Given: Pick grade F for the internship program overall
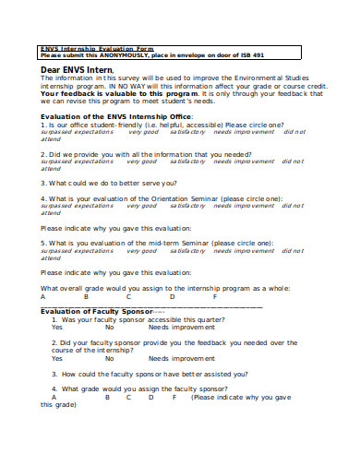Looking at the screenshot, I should click(215, 297).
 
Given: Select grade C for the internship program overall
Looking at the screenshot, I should click(129, 297).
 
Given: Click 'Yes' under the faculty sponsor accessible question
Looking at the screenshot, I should click(57, 328).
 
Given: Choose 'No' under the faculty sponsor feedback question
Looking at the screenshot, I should click(109, 358).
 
